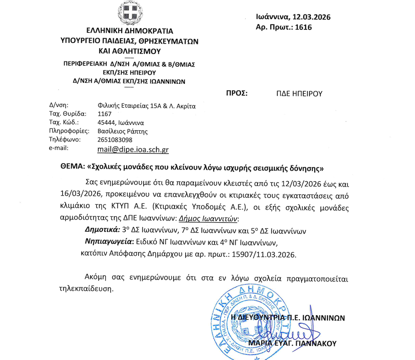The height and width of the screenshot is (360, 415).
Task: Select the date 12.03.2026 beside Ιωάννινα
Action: [x=310, y=17]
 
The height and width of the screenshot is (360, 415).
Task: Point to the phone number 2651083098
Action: [x=115, y=139]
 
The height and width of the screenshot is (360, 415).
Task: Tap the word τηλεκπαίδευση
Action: [x=87, y=289]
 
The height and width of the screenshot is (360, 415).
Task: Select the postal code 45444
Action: [x=106, y=123]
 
